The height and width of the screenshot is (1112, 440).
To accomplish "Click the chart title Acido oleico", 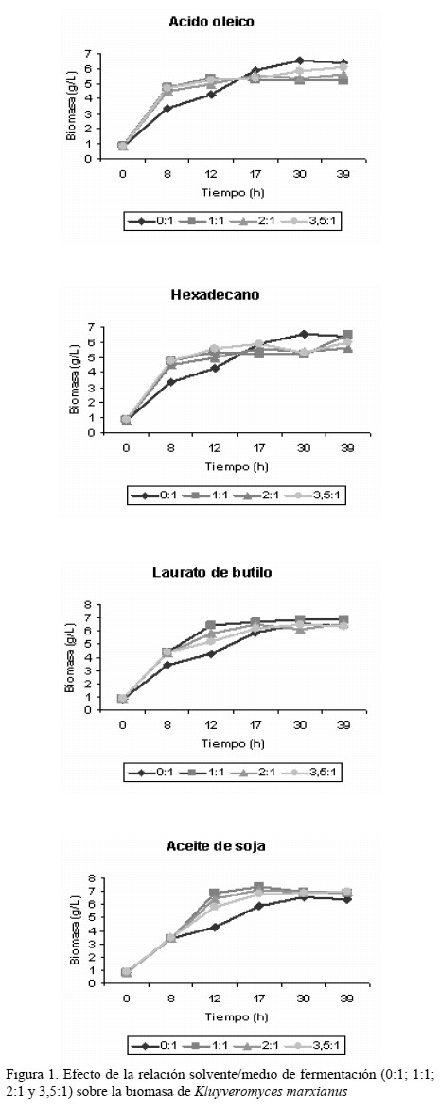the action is (211, 22).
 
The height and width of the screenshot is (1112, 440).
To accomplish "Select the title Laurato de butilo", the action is (212, 571).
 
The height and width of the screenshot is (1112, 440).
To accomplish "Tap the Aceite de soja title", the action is (216, 846).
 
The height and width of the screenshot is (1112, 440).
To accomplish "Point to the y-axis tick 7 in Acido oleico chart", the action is (87, 54).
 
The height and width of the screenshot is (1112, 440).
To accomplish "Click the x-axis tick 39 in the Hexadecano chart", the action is (348, 448).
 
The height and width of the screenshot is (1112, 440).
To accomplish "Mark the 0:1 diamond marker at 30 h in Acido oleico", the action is (300, 61).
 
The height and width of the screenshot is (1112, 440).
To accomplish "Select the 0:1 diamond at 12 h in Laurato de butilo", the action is (210, 653).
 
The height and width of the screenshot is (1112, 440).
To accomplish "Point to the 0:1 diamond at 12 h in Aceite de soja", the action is (214, 927).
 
